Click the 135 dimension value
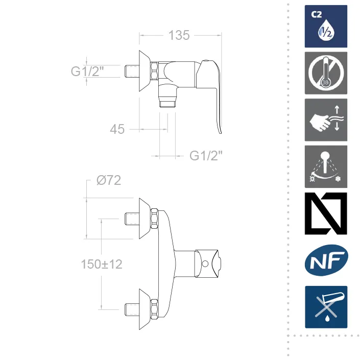pyautogui.click(x=179, y=35)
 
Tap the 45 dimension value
pyautogui.click(x=117, y=129)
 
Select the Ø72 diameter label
pyautogui.click(x=109, y=180)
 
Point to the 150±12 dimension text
pyautogui.click(x=102, y=264)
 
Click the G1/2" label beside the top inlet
pyautogui.click(x=87, y=71)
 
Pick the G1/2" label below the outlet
pyautogui.click(x=206, y=156)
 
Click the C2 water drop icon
pyautogui.click(x=326, y=27)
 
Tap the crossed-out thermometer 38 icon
pyautogui.click(x=326, y=73)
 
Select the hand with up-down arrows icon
pyautogui.click(x=326, y=120)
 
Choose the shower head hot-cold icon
pyautogui.click(x=326, y=166)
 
